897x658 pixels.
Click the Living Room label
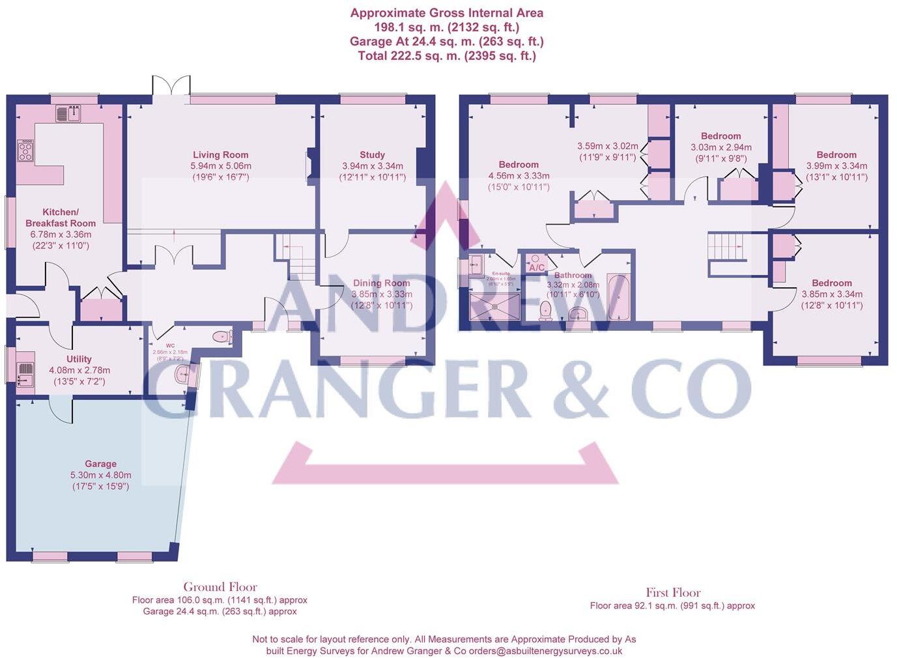(220, 155)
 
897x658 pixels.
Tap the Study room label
(372, 155)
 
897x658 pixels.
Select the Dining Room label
(381, 283)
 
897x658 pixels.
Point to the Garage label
(101, 465)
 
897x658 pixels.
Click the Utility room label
(79, 359)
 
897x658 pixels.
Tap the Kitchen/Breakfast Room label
(61, 218)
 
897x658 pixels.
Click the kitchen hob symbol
(25, 151)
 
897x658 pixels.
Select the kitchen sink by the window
(68, 114)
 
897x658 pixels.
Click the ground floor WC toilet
(223, 337)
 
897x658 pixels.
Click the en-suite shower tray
(495, 306)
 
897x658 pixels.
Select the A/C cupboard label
(537, 268)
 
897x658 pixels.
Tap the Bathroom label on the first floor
(573, 276)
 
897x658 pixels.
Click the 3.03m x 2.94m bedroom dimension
(721, 147)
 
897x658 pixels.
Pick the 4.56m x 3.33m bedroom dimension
(519, 176)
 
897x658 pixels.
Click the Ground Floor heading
(220, 587)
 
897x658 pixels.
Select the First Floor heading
(673, 593)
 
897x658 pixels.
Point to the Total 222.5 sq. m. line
(447, 56)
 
